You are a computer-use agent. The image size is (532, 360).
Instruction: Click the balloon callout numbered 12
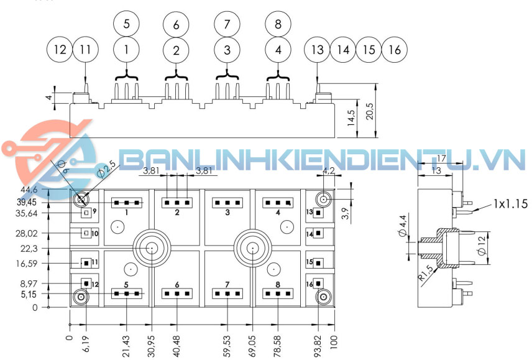pyautogui.click(x=60, y=50)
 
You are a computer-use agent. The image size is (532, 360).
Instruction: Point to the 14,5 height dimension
pyautogui.click(x=352, y=119)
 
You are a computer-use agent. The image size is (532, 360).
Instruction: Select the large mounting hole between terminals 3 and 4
pyautogui.click(x=253, y=248)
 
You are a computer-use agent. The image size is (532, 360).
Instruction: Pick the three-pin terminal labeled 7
pyautogui.click(x=227, y=293)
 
